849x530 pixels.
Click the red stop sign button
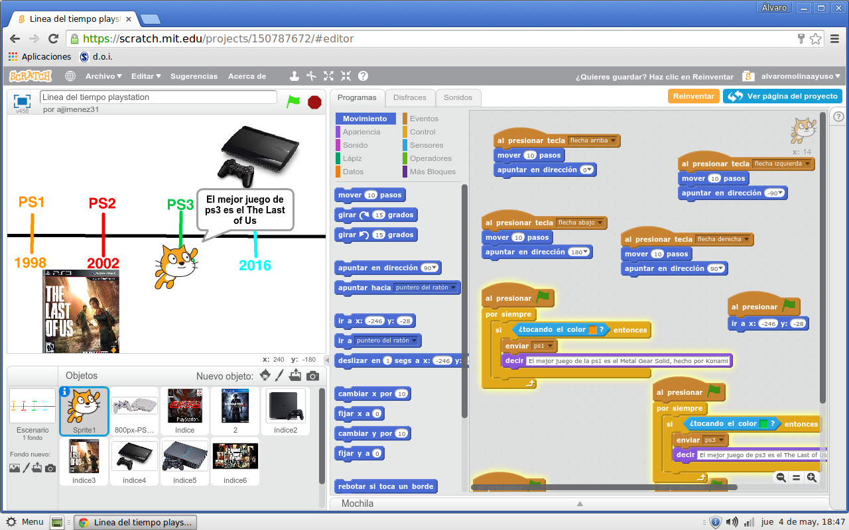click(x=314, y=102)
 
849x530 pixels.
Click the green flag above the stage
click(x=293, y=102)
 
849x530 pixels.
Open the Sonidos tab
click(x=458, y=97)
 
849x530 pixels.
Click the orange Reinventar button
click(x=693, y=96)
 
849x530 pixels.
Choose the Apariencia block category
click(x=361, y=132)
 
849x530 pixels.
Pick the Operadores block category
click(x=430, y=158)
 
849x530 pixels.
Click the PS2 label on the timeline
click(x=102, y=203)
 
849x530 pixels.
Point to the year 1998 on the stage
click(x=31, y=263)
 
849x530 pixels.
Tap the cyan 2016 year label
click(x=255, y=266)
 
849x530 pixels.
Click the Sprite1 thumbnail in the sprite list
click(x=84, y=411)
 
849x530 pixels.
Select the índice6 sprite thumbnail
click(x=235, y=460)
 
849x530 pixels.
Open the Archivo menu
click(x=103, y=76)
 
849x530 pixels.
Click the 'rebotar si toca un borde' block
click(x=385, y=486)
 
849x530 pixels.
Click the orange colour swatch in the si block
click(x=593, y=330)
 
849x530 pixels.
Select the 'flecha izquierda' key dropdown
click(x=782, y=164)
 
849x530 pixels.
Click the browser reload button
click(x=53, y=38)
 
